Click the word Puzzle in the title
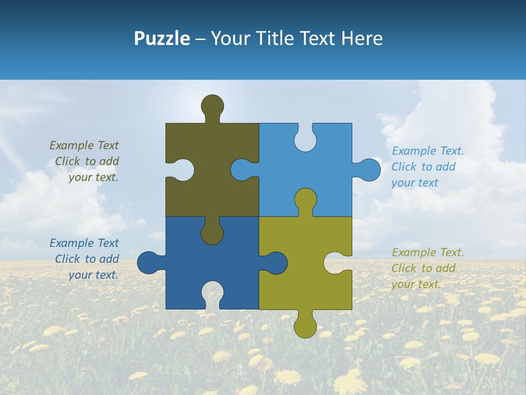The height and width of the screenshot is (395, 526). (x=162, y=38)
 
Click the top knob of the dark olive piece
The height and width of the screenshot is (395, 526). (x=212, y=106)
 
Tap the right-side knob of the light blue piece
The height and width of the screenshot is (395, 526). (x=369, y=170)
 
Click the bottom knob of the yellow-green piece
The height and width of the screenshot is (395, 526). (x=305, y=326)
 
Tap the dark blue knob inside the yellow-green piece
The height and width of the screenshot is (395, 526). (x=276, y=262)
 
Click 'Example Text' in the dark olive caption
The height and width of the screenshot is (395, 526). (x=84, y=145)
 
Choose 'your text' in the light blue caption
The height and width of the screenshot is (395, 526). (x=415, y=183)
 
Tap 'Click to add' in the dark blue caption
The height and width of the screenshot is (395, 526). (x=87, y=259)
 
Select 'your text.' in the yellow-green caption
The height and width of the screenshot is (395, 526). (x=416, y=284)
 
